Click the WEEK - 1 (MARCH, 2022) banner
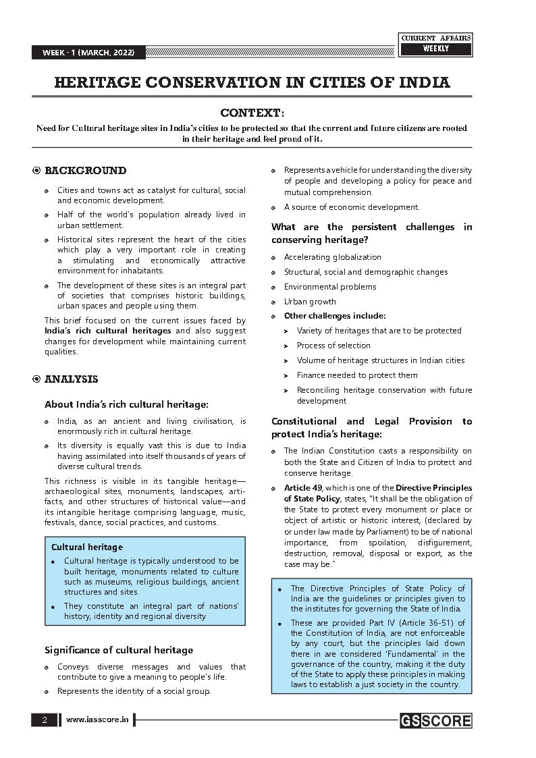pyautogui.click(x=88, y=53)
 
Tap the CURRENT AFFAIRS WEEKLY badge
pyautogui.click(x=436, y=44)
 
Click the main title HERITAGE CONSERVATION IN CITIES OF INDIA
pyautogui.click(x=252, y=83)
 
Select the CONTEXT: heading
pyautogui.click(x=252, y=112)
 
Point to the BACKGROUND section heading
pyautogui.click(x=85, y=171)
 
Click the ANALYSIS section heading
pyautogui.click(x=71, y=379)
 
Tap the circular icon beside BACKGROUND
pyautogui.click(x=36, y=171)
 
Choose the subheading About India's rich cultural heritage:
pyautogui.click(x=126, y=404)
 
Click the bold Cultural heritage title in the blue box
pyautogui.click(x=87, y=547)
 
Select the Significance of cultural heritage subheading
pyautogui.click(x=119, y=650)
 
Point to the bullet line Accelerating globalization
pyautogui.click(x=332, y=257)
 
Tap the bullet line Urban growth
pyautogui.click(x=309, y=302)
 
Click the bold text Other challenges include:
pyautogui.click(x=335, y=316)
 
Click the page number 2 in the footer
pyautogui.click(x=45, y=720)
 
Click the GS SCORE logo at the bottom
pyautogui.click(x=435, y=721)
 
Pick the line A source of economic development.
pyautogui.click(x=351, y=207)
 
